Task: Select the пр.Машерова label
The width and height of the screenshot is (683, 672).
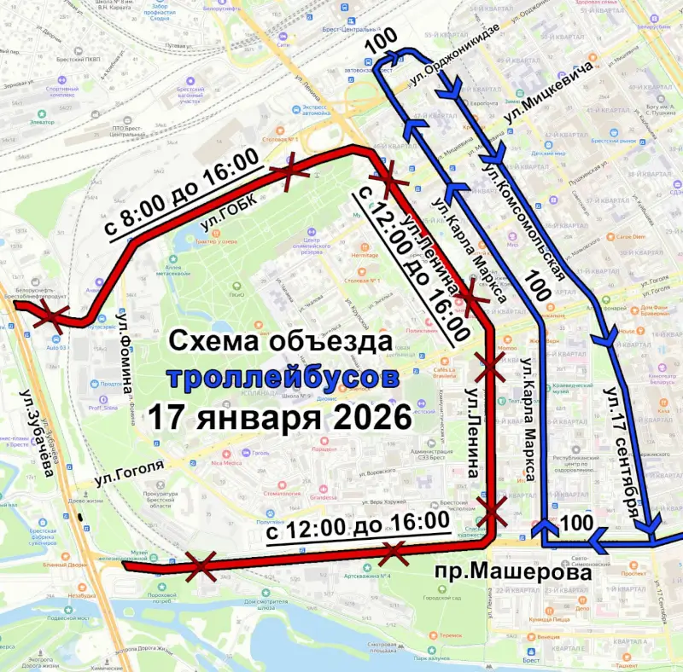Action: pos(512,573)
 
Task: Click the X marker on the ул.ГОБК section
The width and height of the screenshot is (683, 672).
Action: pos(290,171)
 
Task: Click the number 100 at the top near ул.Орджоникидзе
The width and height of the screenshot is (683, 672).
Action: pos(381,43)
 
